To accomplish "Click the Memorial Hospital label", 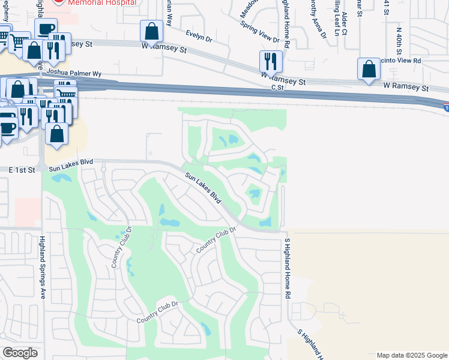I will pyautogui.click(x=101, y=2).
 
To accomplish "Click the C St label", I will pyautogui.click(x=277, y=88).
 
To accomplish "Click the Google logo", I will pyautogui.click(x=20, y=353).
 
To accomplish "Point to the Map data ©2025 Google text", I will pyautogui.click(x=412, y=355).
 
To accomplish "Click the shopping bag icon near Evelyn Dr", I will pyautogui.click(x=152, y=31).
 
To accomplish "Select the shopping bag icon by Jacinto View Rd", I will pyautogui.click(x=369, y=69).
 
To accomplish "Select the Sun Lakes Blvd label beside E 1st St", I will pyautogui.click(x=71, y=163).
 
